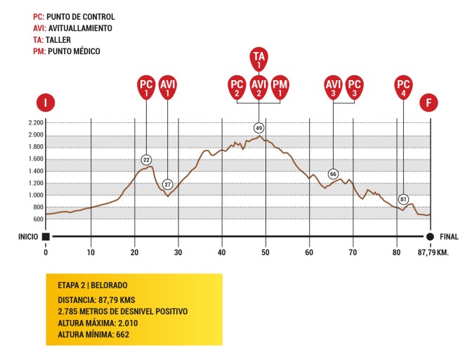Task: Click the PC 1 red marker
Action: (146, 87)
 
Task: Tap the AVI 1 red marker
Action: (168, 87)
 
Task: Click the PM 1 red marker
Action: (280, 87)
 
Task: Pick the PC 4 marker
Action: (403, 87)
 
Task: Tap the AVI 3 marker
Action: (333, 87)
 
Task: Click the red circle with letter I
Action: (46, 103)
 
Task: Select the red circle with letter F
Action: (429, 103)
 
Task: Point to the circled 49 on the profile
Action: (258, 128)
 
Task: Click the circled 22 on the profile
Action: (146, 160)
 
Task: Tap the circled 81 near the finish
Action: (403, 199)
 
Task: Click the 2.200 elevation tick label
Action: (35, 123)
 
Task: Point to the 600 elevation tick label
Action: (38, 219)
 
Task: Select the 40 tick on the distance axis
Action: (222, 251)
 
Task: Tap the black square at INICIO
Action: (46, 237)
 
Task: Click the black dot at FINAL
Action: (430, 237)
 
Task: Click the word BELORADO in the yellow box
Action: (107, 286)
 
